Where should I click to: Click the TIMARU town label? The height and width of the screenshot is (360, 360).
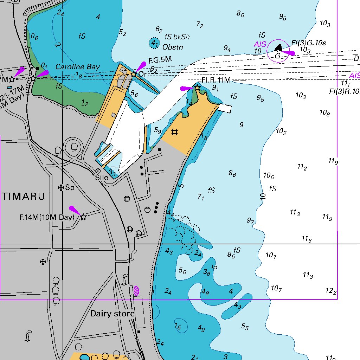24,197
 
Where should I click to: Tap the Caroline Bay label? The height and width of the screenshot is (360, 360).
78,67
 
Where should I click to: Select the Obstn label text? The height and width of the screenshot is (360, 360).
173,47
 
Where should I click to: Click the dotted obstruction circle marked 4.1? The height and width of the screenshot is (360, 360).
154,43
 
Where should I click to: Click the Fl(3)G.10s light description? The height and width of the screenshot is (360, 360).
309,43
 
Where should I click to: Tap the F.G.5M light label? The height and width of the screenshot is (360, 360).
160,60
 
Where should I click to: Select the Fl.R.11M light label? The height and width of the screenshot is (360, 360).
216,81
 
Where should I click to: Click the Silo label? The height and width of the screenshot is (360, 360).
102,178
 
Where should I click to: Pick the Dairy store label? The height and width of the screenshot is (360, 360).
112,314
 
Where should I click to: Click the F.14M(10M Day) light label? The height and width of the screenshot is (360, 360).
47,217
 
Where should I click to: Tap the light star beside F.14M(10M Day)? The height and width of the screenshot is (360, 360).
83,217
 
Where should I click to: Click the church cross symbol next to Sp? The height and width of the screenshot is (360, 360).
61,188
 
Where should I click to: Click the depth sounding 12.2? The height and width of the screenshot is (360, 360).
331,291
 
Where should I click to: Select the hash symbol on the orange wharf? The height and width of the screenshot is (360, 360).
174,132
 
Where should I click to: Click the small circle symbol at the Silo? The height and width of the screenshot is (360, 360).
98,171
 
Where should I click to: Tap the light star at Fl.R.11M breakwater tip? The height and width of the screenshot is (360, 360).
197,88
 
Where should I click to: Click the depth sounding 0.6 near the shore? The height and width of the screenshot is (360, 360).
34,36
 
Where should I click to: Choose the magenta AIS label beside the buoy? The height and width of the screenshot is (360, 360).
260,44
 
